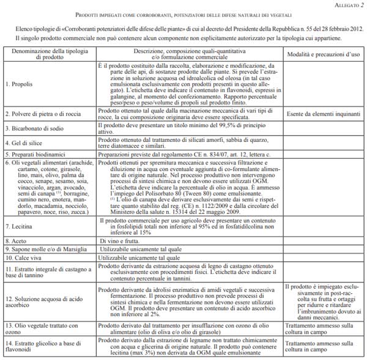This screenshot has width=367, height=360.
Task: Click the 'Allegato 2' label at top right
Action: point(344,4)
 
